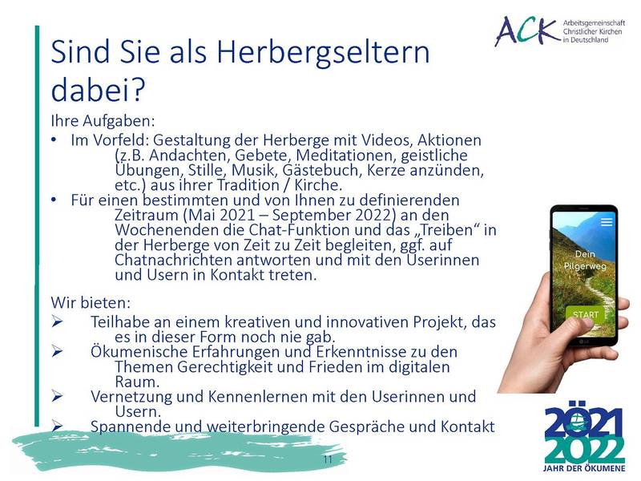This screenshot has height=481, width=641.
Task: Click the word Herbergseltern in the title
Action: pos(323,53)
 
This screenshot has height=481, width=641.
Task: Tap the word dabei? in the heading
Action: pos(98,89)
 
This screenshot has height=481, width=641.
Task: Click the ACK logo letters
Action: pos(526,30)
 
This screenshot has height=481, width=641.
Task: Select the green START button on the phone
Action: pos(586,314)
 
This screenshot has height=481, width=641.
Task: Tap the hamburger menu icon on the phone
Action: pos(607,222)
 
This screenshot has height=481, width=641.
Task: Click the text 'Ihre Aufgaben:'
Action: pos(103,121)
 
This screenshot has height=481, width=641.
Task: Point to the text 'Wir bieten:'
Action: pos(91,303)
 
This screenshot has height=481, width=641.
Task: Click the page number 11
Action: pos(328,459)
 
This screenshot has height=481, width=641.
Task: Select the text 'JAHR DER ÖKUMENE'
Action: pos(584,468)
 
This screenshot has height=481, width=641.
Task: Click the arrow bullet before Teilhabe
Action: pos(57,322)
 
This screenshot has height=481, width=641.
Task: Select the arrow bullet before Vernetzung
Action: pos(57,396)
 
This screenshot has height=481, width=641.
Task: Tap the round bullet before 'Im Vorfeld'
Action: pos(54,140)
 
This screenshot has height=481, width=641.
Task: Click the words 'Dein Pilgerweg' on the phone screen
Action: pos(585,260)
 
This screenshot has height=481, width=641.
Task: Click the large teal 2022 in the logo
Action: pos(585,451)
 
